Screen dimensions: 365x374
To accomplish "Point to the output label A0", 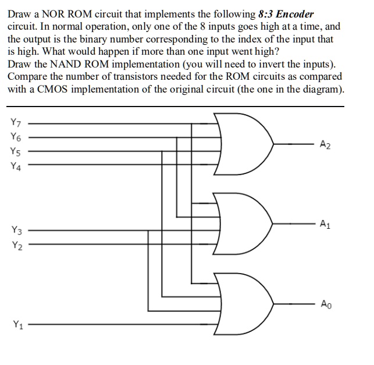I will pos(326,304).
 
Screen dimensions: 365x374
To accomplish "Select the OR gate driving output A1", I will pos(241,224).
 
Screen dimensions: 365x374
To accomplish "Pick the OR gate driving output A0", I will pos(241,303).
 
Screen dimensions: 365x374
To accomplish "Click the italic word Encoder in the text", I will pos(295,13).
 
